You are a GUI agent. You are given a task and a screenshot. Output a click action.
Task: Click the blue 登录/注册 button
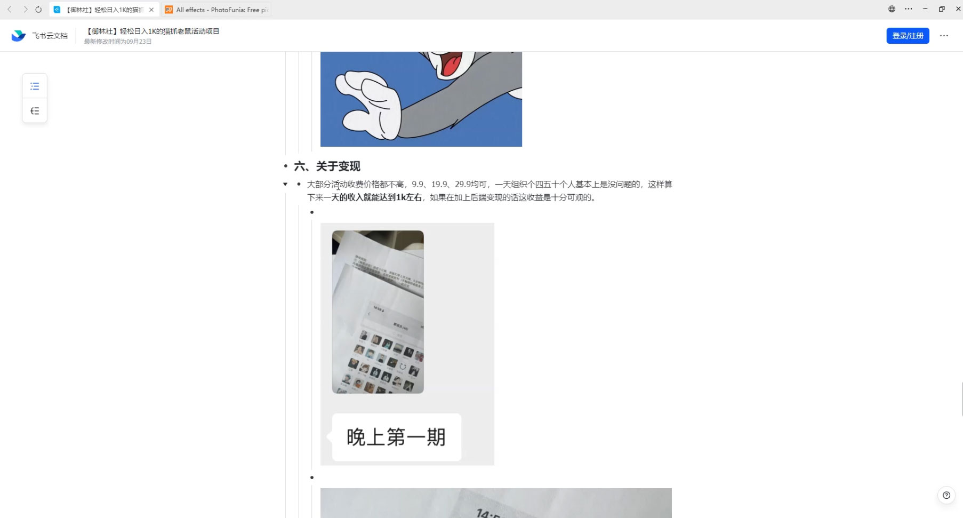(907, 36)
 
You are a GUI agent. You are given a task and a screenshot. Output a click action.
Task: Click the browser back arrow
(10, 9)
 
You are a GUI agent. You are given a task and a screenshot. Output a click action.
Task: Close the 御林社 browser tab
(151, 10)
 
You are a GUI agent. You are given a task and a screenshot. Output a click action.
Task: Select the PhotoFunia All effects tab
(217, 10)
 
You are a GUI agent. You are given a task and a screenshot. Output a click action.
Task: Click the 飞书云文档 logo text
(50, 36)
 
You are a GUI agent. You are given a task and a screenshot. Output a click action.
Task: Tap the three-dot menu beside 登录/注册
(944, 36)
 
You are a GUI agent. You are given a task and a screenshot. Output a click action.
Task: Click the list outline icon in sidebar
(35, 86)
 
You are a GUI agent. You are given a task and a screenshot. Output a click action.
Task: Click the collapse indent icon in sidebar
(35, 111)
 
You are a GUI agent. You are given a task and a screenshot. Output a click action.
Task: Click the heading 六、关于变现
(327, 166)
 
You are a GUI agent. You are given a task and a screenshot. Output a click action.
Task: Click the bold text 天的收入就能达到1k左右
(376, 197)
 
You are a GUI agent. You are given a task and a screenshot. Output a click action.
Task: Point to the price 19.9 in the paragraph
(439, 184)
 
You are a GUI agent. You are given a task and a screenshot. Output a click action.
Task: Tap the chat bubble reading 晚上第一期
(396, 437)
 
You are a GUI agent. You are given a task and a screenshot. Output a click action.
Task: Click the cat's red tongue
(451, 66)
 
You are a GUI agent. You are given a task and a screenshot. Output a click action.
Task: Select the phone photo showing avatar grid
(378, 312)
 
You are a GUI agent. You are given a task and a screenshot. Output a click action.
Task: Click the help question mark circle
(946, 495)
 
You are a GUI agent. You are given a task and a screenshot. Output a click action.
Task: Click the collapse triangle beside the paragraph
(285, 184)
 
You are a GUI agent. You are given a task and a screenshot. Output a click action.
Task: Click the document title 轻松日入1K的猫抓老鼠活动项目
(169, 31)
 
